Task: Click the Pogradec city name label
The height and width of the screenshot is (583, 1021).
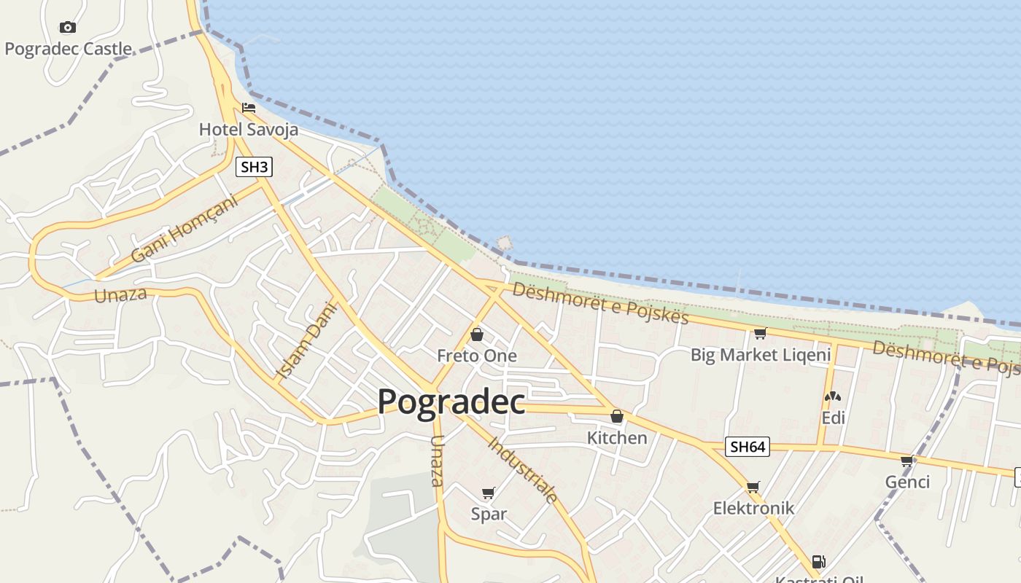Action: [451, 401]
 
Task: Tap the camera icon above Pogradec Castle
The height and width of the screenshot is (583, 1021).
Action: [68, 28]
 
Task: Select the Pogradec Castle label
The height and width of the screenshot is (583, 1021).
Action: [69, 49]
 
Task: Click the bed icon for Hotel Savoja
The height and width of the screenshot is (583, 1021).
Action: [249, 108]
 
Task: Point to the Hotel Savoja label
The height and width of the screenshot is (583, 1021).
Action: [249, 130]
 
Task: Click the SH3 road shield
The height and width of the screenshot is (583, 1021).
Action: [255, 167]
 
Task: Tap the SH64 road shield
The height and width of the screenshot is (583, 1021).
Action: [748, 447]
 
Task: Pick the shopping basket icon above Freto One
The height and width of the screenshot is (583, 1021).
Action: [477, 334]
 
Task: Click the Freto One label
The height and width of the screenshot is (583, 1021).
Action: [477, 356]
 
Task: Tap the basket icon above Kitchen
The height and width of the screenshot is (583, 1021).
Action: [617, 416]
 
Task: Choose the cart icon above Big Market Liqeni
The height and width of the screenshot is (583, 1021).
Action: [760, 333]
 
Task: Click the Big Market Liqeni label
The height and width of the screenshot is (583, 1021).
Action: [761, 355]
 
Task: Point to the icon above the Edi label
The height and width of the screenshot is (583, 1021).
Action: [833, 396]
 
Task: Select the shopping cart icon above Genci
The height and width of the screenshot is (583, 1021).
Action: [907, 461]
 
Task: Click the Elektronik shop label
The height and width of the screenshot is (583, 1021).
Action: [753, 508]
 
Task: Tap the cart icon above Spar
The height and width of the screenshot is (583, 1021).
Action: [489, 493]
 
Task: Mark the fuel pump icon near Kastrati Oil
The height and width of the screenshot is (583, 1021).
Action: [818, 562]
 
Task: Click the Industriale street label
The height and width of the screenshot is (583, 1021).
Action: [523, 470]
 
